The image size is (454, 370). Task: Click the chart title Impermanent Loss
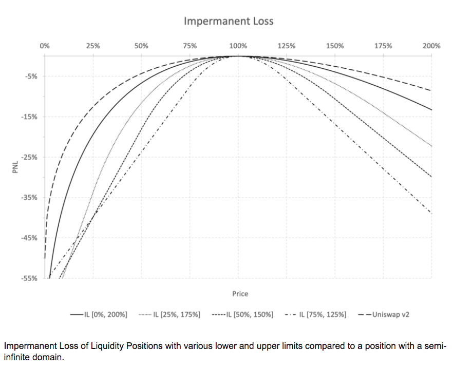[229, 21]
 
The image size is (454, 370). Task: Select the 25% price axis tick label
[93, 46]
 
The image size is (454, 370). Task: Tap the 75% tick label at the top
[190, 46]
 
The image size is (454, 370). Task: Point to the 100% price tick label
[238, 46]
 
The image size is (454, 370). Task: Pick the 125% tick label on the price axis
[286, 46]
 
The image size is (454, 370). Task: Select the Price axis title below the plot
[240, 294]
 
